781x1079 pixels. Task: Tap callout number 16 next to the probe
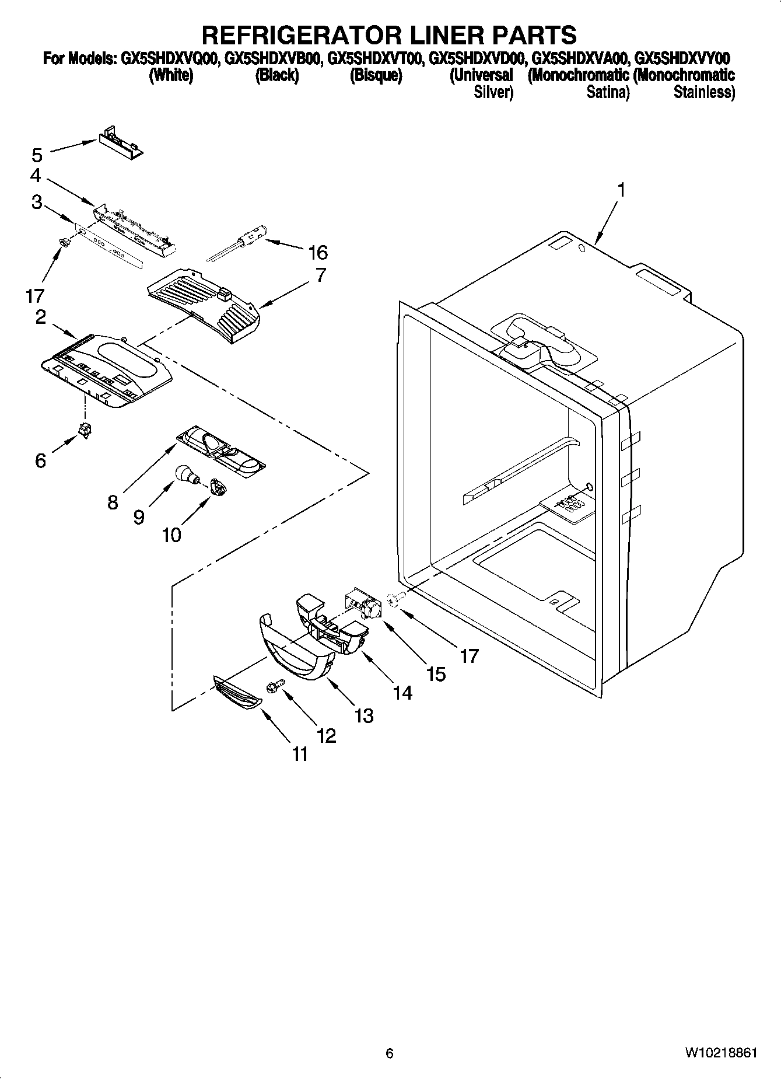(x=318, y=253)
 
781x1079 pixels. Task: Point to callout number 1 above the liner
(x=621, y=190)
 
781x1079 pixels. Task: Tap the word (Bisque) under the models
(x=376, y=76)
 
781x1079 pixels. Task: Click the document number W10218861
(x=721, y=1053)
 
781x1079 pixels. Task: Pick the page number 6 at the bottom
(x=390, y=1053)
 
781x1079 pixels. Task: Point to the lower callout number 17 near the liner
(x=469, y=656)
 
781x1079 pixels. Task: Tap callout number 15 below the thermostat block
(x=436, y=674)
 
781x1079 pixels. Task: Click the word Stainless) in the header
(x=704, y=92)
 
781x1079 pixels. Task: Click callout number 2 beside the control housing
(x=40, y=317)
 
